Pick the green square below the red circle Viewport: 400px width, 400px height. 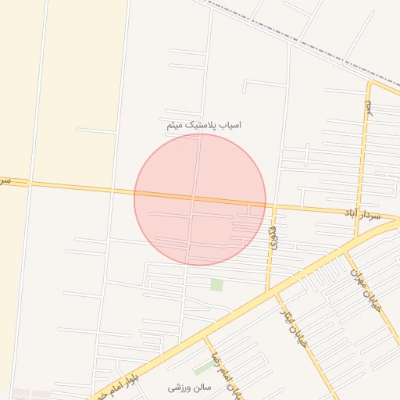(x=216, y=285)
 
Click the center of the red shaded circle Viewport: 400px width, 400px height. (x=200, y=199)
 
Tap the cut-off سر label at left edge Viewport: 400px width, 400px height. (x=5, y=181)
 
